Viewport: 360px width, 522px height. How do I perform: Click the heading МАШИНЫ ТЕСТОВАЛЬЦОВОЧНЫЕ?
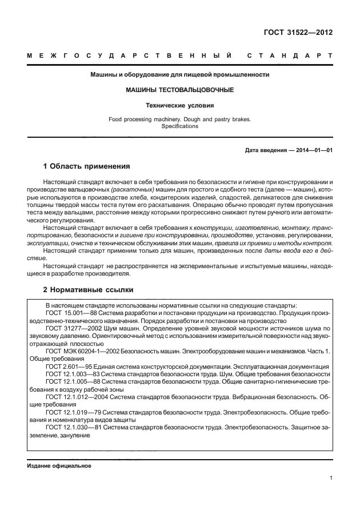179,90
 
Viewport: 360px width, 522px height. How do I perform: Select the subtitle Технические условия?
179,105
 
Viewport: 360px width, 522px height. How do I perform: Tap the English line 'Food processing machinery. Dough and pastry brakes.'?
179,119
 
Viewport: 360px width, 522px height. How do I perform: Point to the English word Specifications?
179,126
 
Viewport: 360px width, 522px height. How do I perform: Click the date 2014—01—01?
313,150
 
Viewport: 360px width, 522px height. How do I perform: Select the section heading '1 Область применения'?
86,166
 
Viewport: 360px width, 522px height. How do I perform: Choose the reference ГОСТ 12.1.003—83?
67,373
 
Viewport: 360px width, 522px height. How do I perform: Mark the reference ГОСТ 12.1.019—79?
67,411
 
